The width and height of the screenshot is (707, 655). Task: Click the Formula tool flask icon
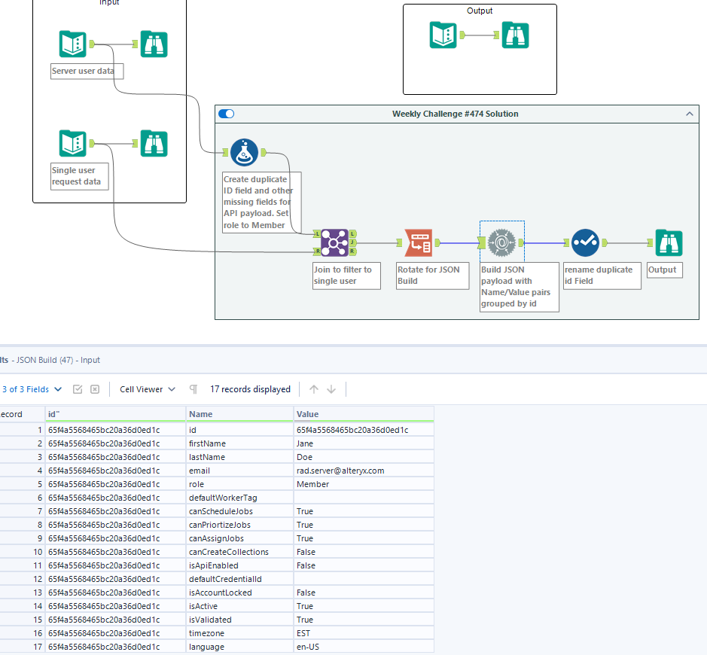point(244,153)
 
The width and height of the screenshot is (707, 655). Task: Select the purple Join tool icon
point(334,242)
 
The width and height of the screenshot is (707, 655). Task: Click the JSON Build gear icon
point(501,242)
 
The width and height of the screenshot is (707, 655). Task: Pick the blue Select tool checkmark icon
point(585,242)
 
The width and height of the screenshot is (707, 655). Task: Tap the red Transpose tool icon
point(418,242)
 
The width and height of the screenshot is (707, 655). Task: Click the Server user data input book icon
point(73,44)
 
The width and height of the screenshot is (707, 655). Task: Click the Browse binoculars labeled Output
point(668,242)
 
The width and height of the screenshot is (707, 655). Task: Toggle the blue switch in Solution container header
point(226,114)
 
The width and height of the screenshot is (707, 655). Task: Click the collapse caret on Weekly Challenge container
point(690,114)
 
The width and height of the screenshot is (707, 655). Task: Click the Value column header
point(308,414)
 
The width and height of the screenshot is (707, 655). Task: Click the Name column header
point(200,414)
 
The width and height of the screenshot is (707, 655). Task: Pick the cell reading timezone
point(207,633)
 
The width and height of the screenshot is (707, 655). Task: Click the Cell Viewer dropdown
point(148,389)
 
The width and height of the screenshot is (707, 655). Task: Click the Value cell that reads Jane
point(305,443)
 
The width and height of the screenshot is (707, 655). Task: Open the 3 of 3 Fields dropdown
point(32,389)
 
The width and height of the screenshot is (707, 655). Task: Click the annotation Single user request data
point(76,176)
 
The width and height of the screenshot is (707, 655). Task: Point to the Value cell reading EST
point(303,633)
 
